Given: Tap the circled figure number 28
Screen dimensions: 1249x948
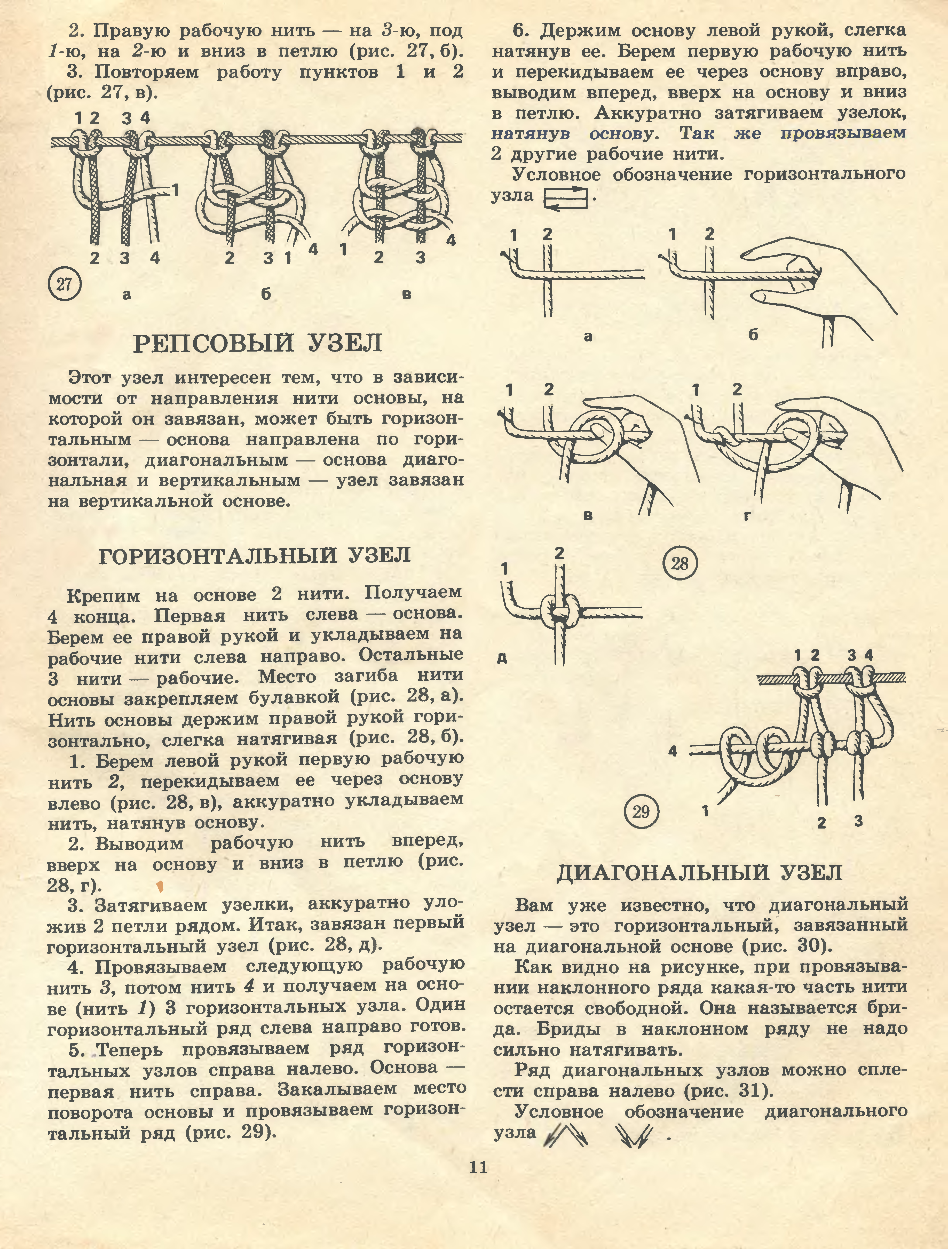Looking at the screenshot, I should tap(680, 563).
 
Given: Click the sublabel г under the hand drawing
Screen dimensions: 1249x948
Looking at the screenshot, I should tap(748, 515).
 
